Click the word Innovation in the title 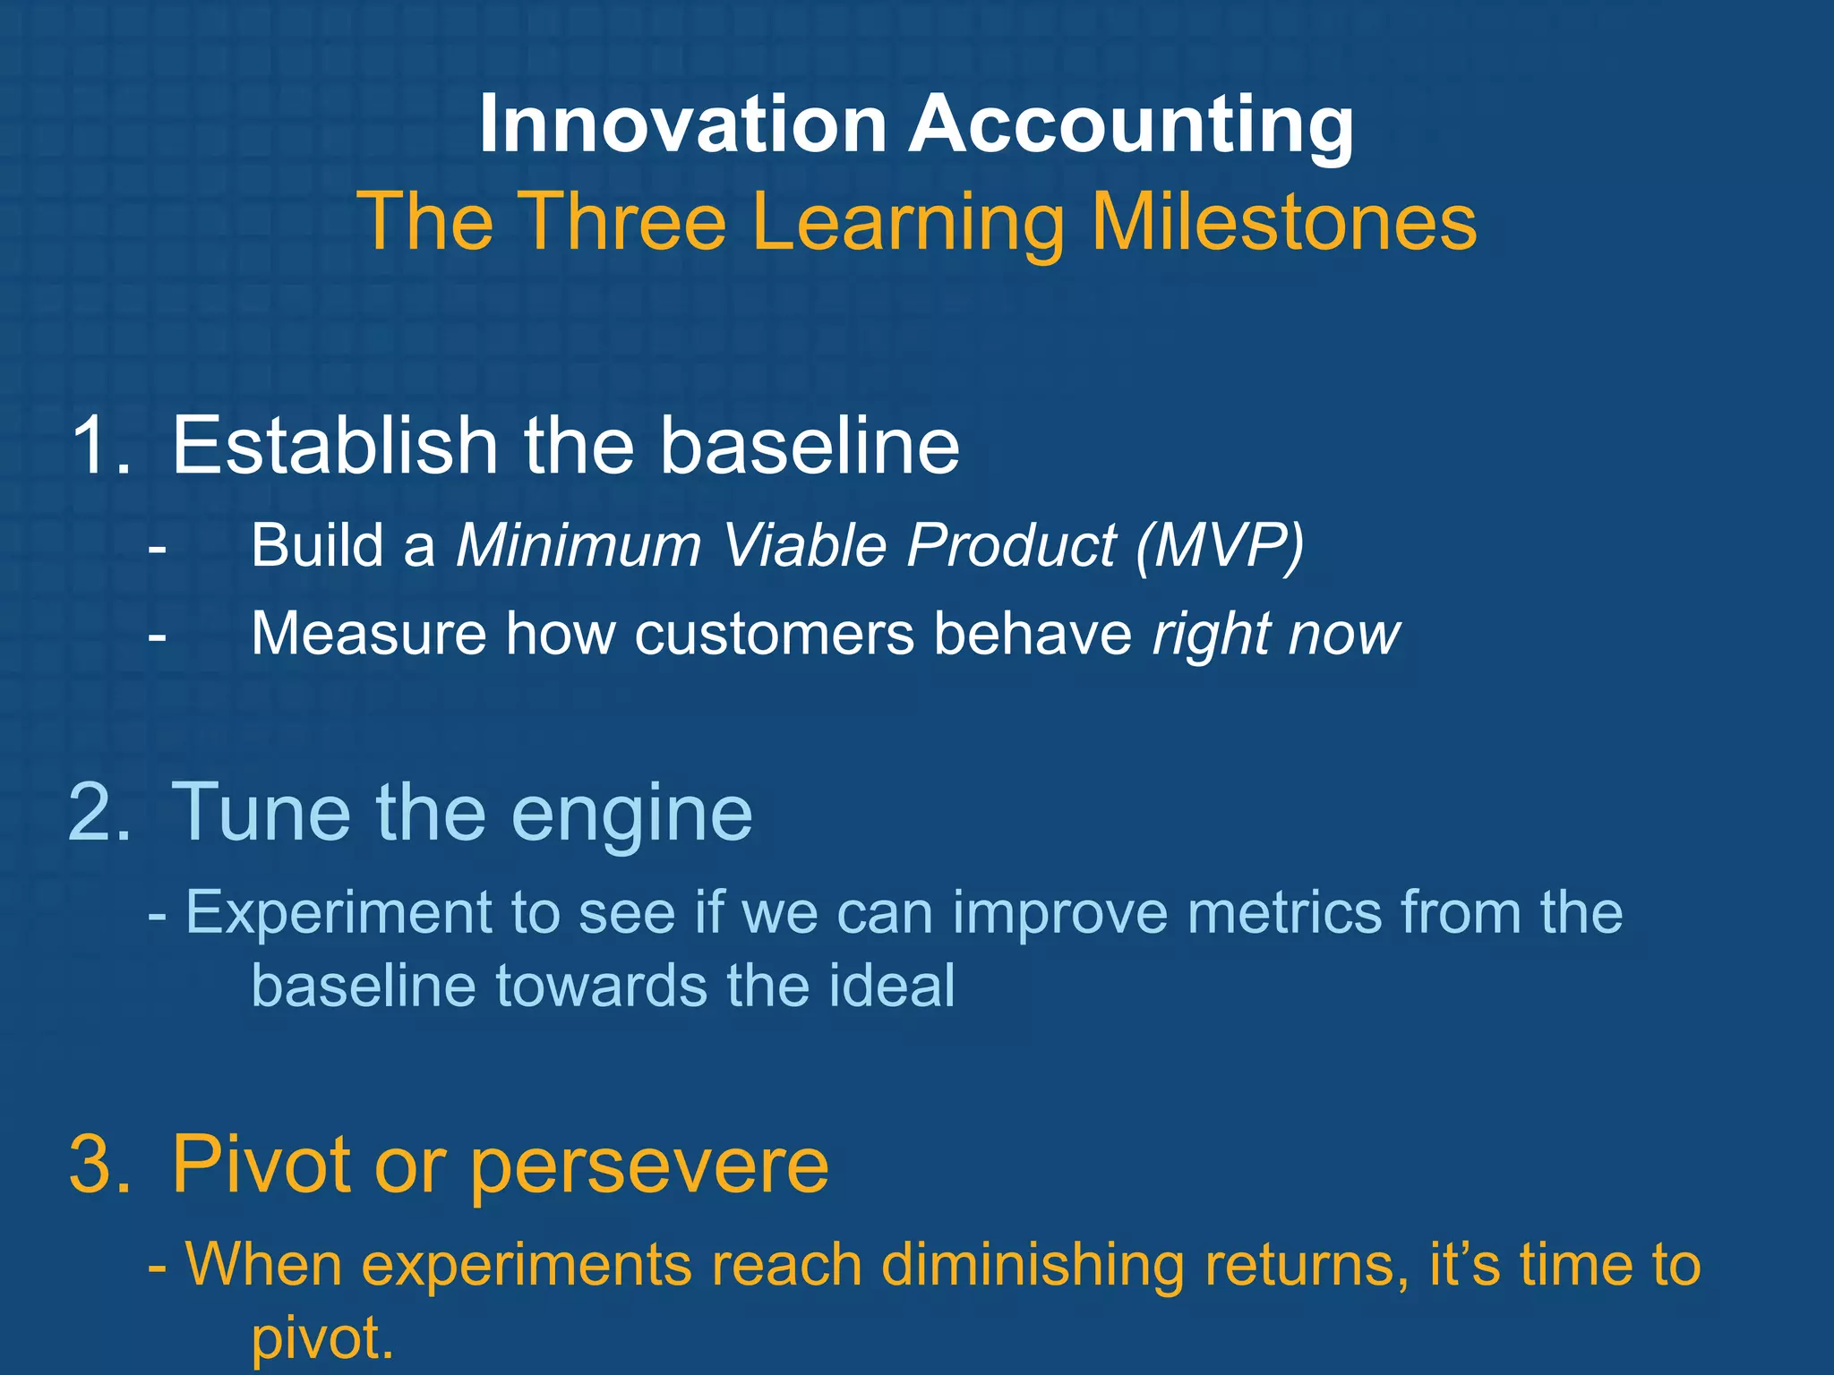(682, 124)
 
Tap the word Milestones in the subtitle (1283, 221)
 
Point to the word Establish (334, 445)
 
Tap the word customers (775, 634)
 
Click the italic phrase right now (1275, 634)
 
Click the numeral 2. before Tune (100, 812)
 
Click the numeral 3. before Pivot (100, 1165)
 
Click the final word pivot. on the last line (322, 1338)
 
